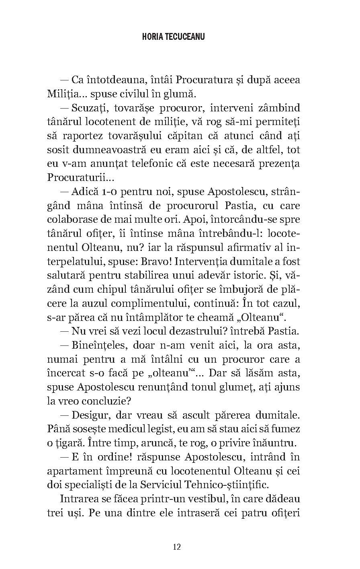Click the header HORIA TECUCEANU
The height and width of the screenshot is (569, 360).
[x=174, y=37]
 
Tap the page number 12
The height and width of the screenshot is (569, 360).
[x=177, y=546]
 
